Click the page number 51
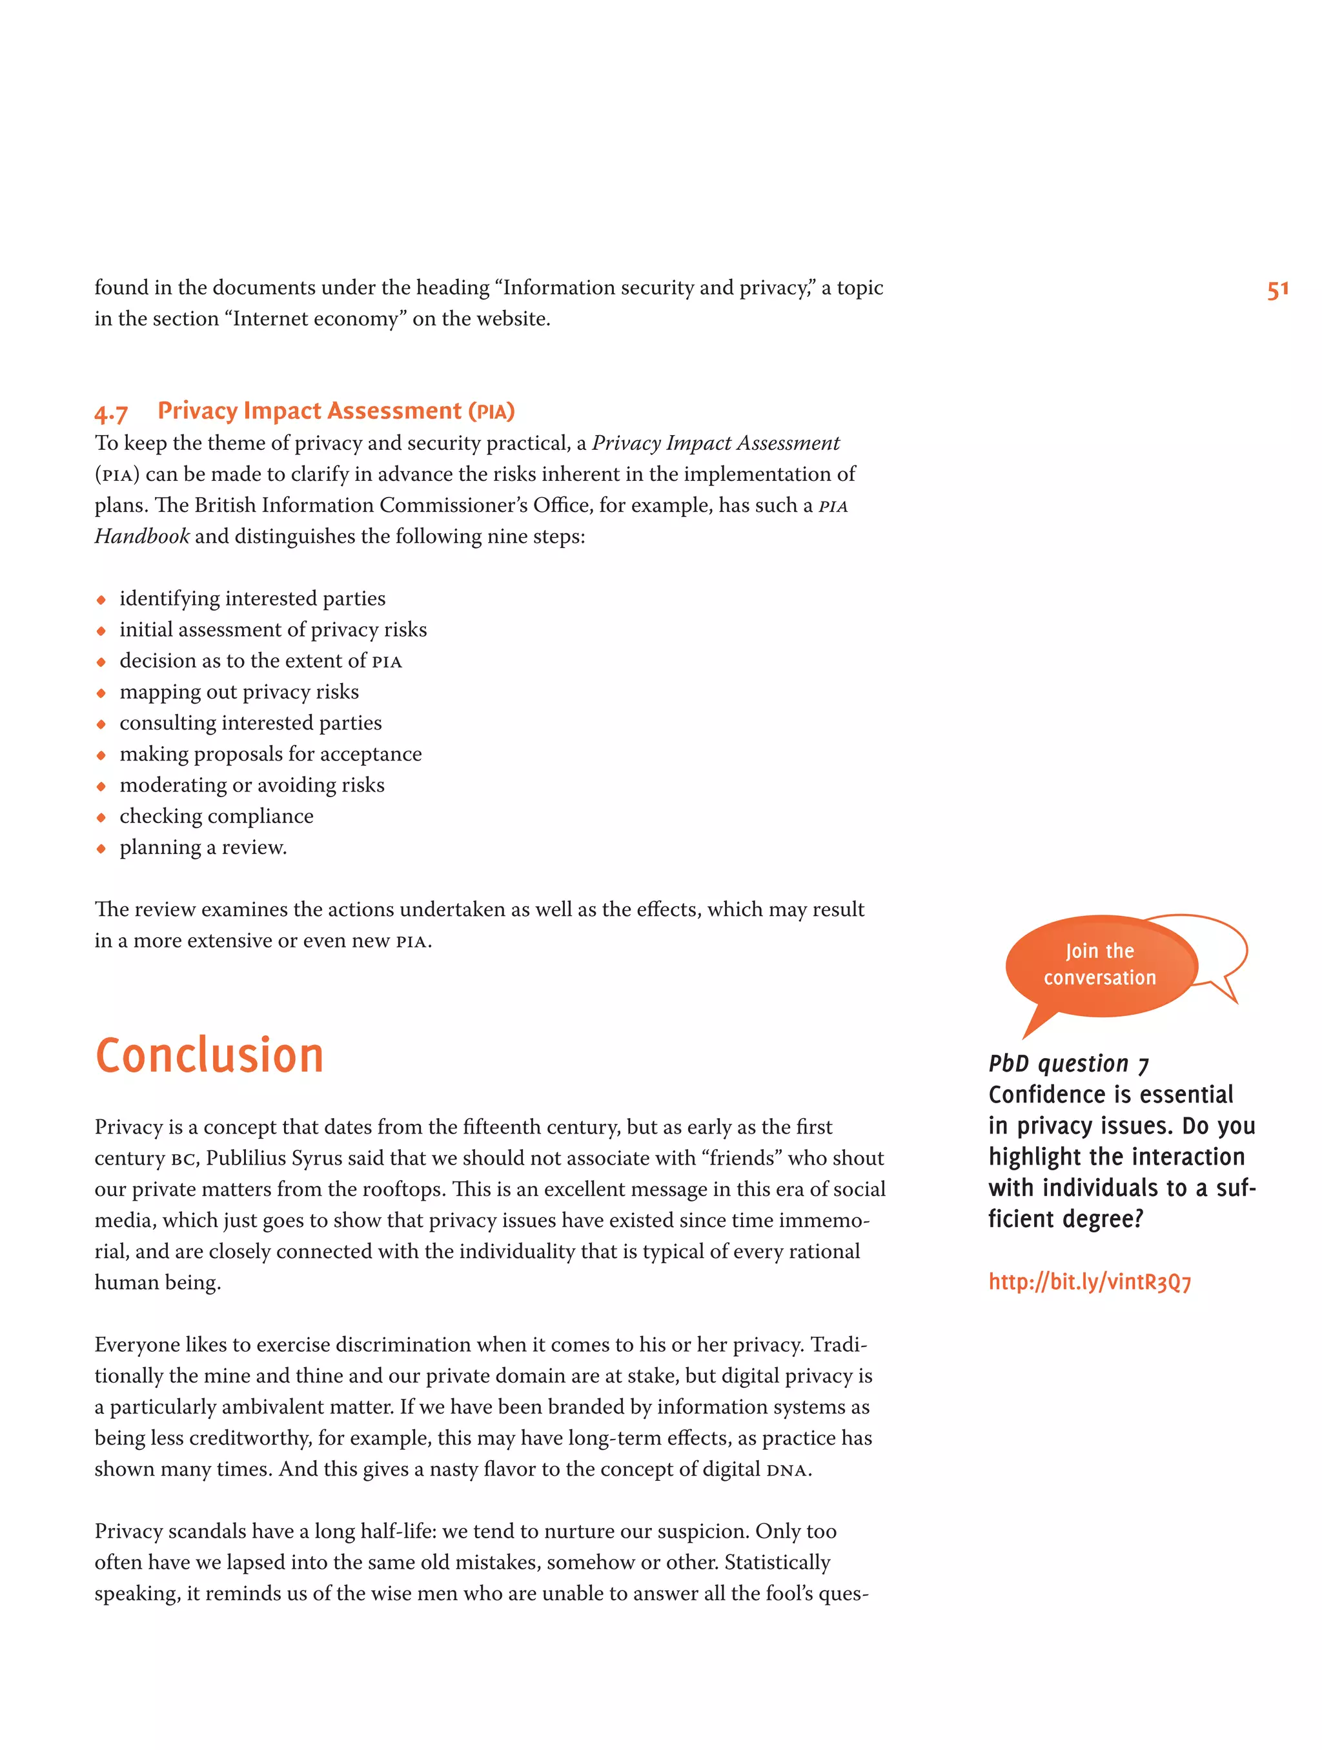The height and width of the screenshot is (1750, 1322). pos(1277,290)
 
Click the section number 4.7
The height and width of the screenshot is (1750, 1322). pos(111,413)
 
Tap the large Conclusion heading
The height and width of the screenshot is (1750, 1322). pos(210,1055)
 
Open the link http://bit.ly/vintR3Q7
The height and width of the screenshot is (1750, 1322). pos(1090,1281)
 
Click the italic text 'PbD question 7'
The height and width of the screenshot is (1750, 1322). pos(1068,1063)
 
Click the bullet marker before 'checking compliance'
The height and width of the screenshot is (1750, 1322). pos(101,817)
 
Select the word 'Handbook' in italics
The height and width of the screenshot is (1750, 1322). pos(141,536)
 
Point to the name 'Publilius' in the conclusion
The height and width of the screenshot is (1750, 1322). pos(246,1158)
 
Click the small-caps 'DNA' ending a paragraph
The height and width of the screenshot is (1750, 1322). pos(787,1470)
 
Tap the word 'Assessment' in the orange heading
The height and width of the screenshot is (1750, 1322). pos(394,411)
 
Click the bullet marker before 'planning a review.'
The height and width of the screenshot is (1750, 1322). pos(101,848)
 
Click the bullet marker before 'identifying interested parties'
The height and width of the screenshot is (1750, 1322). pos(101,600)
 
